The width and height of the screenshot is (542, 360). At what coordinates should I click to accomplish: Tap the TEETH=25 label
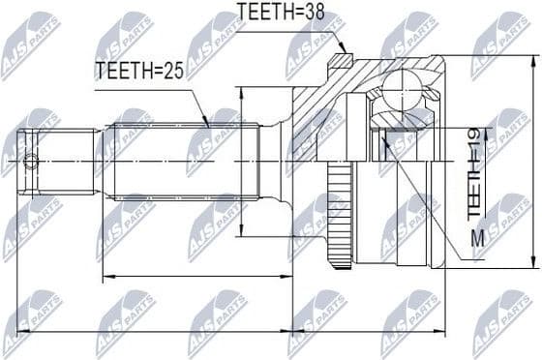click(137, 70)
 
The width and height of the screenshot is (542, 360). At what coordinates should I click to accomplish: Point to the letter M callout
click(475, 237)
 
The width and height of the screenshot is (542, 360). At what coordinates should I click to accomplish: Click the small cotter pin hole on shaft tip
click(33, 160)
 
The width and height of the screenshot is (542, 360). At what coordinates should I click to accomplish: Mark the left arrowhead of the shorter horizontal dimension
click(105, 278)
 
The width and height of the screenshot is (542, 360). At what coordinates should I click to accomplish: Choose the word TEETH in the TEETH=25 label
click(121, 70)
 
